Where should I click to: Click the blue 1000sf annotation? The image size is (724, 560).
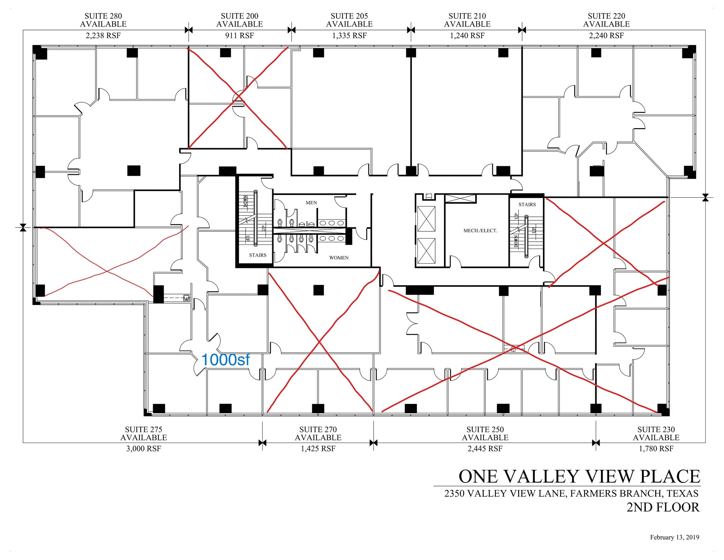pyautogui.click(x=225, y=360)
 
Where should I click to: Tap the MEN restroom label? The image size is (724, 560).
pyautogui.click(x=311, y=203)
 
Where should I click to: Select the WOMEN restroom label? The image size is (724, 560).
pyautogui.click(x=339, y=258)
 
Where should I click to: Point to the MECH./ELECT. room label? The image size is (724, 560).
pyautogui.click(x=480, y=230)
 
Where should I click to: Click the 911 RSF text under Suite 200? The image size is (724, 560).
pyautogui.click(x=239, y=36)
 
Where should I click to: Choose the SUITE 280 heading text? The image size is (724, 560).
pyautogui.click(x=103, y=16)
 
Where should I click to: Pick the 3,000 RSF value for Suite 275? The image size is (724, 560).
pyautogui.click(x=144, y=449)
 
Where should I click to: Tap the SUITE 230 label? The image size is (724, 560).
pyautogui.click(x=656, y=429)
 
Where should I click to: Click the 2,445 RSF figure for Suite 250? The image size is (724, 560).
pyautogui.click(x=485, y=449)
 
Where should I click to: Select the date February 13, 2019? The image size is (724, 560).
pyautogui.click(x=674, y=537)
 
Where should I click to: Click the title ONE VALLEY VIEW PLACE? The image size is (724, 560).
pyautogui.click(x=579, y=476)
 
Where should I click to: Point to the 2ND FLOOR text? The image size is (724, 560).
pyautogui.click(x=663, y=507)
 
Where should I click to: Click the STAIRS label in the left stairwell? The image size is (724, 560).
pyautogui.click(x=257, y=255)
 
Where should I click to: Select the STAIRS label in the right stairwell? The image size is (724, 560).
pyautogui.click(x=527, y=204)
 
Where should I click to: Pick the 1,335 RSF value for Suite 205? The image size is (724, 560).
pyautogui.click(x=349, y=36)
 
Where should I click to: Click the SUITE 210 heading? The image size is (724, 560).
pyautogui.click(x=467, y=16)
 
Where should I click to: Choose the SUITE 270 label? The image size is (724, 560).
pyautogui.click(x=318, y=429)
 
